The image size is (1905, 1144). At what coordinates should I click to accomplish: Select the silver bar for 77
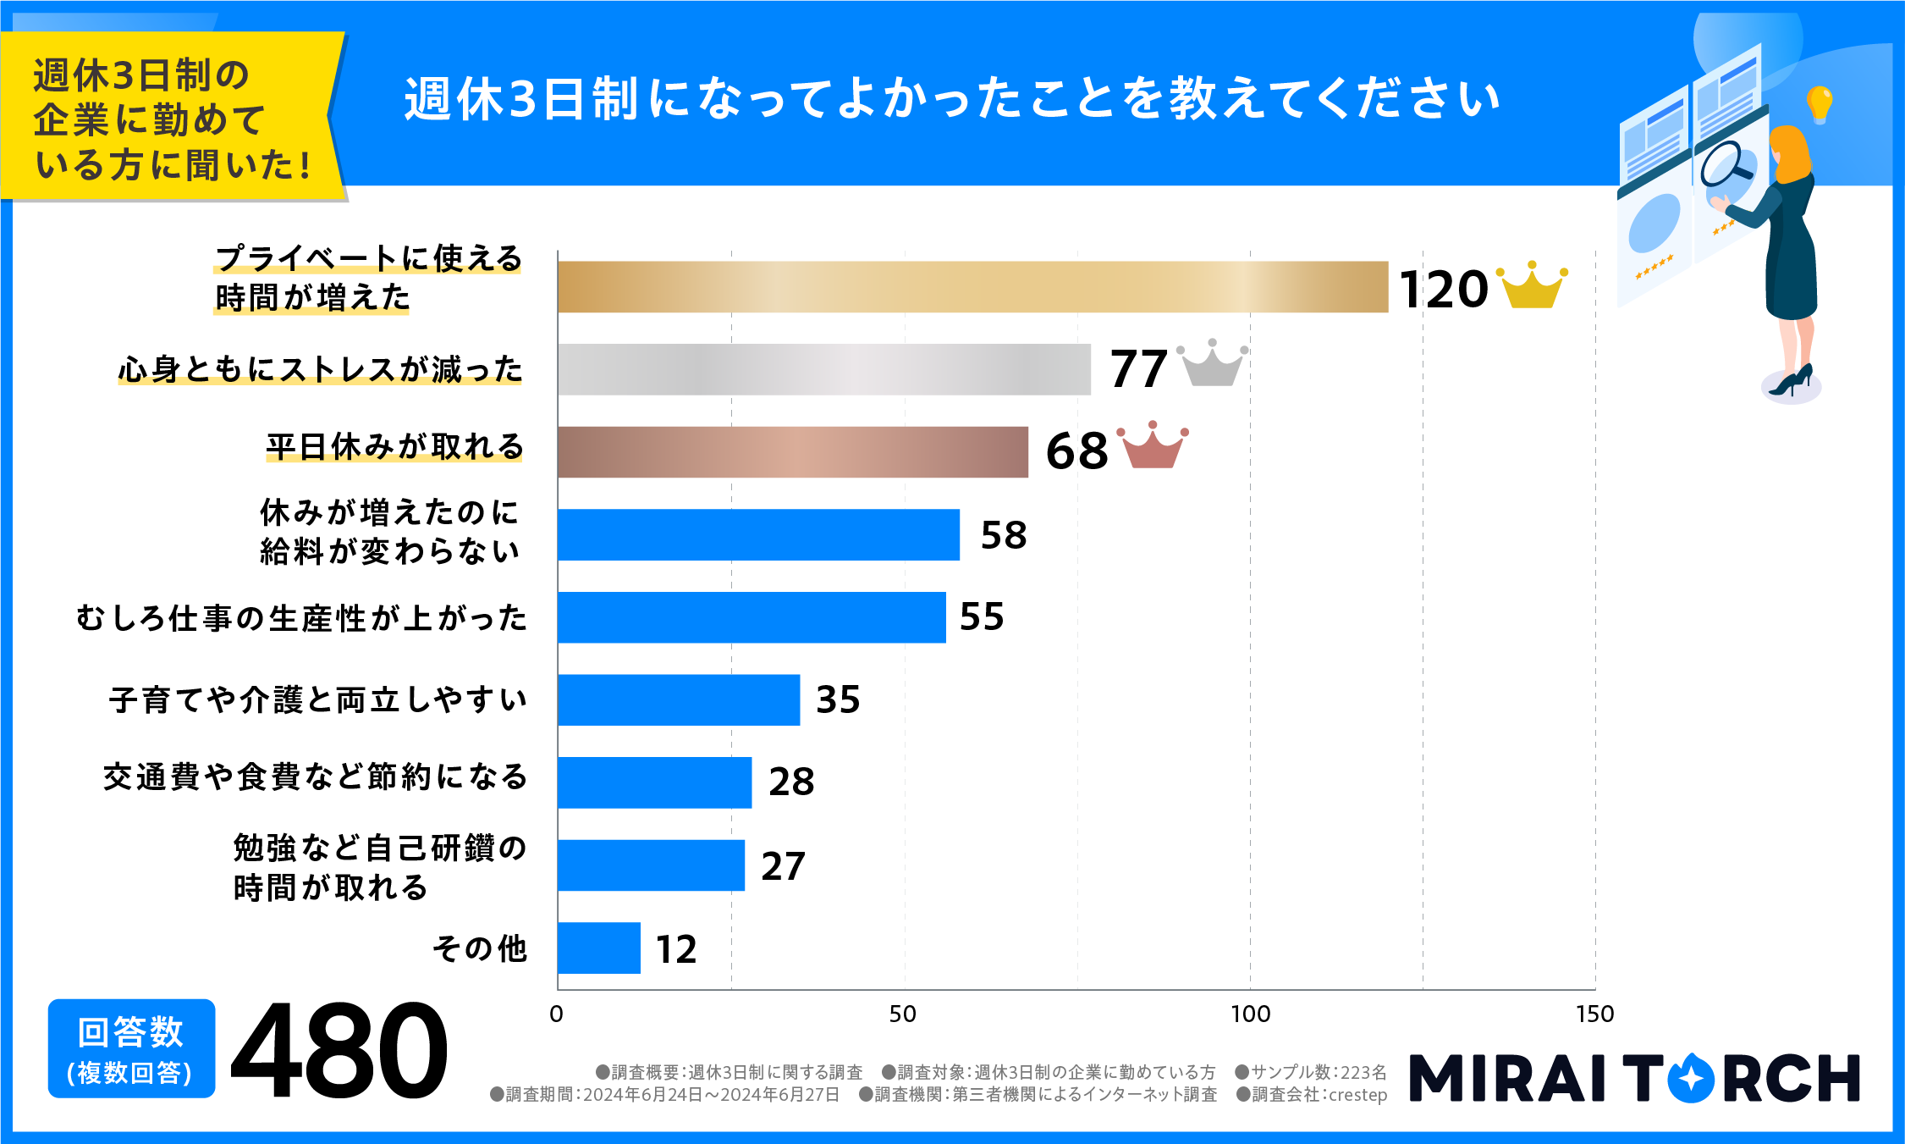[823, 369]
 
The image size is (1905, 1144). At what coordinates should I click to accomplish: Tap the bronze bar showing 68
[792, 452]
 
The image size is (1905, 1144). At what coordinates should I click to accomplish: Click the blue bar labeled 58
[758, 534]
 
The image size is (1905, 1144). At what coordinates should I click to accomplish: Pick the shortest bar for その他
[599, 948]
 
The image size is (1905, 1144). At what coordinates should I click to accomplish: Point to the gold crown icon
[1533, 286]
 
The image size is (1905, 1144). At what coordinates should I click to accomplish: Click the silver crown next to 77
[1212, 364]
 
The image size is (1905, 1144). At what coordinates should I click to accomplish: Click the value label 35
[838, 699]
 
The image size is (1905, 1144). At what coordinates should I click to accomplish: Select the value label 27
[783, 865]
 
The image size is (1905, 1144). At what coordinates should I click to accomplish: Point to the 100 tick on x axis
[1250, 1014]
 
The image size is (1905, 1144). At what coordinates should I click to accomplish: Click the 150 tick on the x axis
[1594, 1014]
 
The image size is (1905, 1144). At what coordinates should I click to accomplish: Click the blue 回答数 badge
[131, 1048]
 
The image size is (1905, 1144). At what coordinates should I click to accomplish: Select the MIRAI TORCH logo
[1633, 1078]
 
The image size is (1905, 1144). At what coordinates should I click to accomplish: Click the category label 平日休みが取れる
[394, 446]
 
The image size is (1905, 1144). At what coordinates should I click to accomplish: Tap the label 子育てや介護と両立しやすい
[318, 699]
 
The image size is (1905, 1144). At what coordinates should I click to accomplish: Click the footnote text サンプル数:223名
[1311, 1072]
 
